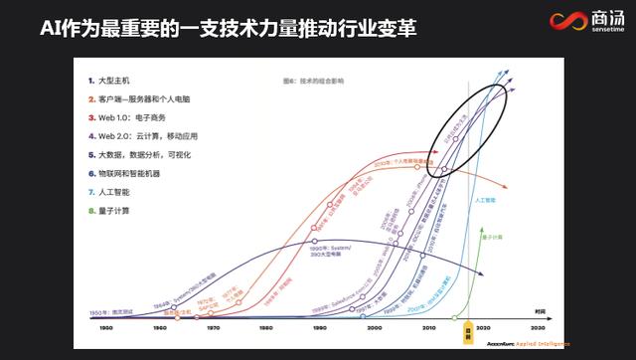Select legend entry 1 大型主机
tap(123, 79)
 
